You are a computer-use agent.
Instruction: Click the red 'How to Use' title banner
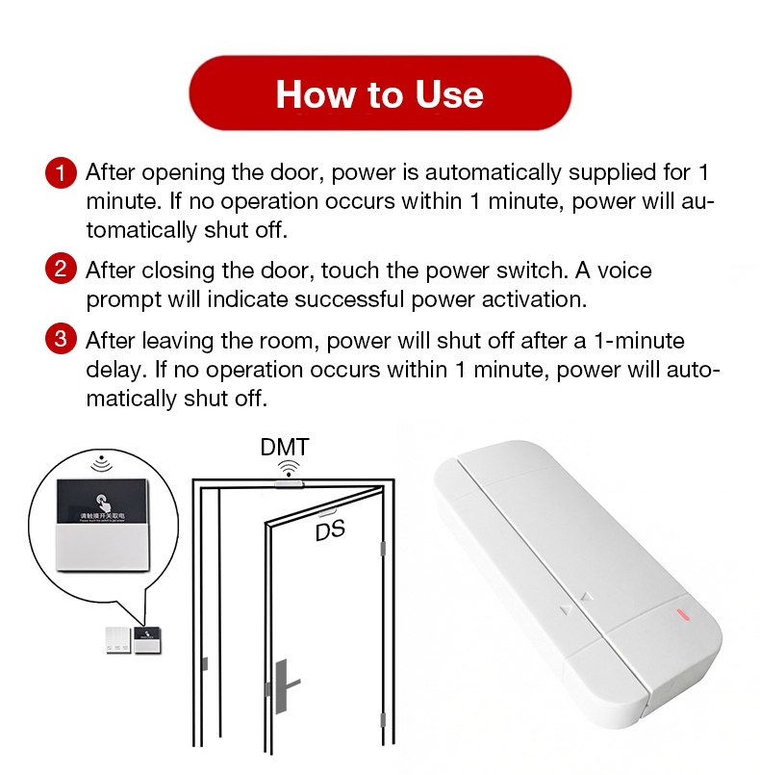point(379,94)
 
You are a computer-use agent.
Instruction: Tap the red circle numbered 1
point(60,174)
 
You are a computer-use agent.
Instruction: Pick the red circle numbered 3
point(60,340)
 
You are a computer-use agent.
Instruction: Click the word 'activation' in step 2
point(528,298)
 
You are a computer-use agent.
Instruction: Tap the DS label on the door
point(329,530)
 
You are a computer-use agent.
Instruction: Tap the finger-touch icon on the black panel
point(101,503)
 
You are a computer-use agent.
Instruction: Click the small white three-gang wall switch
point(118,640)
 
